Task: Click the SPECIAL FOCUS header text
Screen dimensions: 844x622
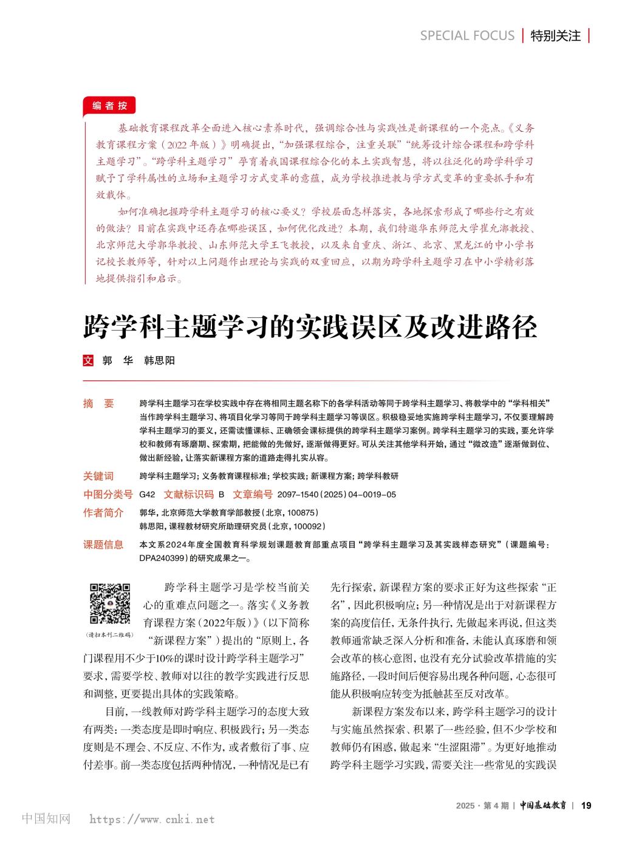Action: pyautogui.click(x=467, y=36)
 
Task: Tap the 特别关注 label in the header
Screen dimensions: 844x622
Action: pyautogui.click(x=555, y=36)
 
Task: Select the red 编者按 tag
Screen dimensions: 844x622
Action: pyautogui.click(x=109, y=106)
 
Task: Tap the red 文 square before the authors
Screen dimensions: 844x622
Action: pyautogui.click(x=88, y=360)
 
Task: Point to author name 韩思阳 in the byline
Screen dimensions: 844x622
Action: pyautogui.click(x=159, y=360)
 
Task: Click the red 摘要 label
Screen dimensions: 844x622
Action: pyautogui.click(x=98, y=403)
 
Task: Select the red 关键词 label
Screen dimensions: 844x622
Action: pyautogui.click(x=98, y=476)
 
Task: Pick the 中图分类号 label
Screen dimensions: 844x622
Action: pyautogui.click(x=108, y=494)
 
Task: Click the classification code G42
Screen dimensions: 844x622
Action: pyautogui.click(x=148, y=495)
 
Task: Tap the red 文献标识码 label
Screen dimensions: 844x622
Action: pyautogui.click(x=189, y=494)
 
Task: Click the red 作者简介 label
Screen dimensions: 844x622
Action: pyautogui.click(x=103, y=512)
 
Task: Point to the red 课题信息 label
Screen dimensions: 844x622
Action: pyautogui.click(x=103, y=544)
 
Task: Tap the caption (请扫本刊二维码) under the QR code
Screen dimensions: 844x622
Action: pyautogui.click(x=110, y=634)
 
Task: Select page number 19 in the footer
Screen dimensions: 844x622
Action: pyautogui.click(x=586, y=805)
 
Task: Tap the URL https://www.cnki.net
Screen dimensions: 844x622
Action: pyautogui.click(x=152, y=820)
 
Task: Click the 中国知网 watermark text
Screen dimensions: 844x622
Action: pyautogui.click(x=46, y=819)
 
